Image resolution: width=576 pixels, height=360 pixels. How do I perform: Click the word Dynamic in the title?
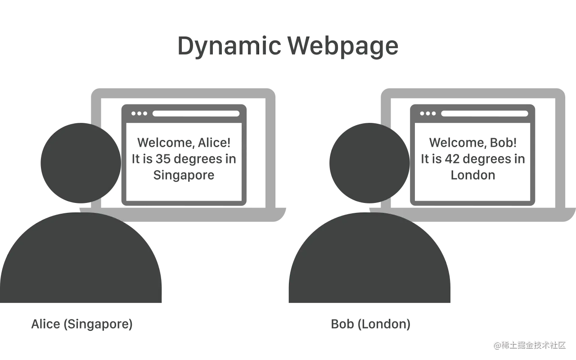(227, 47)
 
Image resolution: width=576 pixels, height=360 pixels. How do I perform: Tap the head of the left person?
(80, 163)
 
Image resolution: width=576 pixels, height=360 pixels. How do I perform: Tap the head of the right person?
(368, 163)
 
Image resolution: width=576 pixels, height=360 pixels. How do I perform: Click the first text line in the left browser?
(183, 143)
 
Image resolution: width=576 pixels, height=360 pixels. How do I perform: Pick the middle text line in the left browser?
(183, 159)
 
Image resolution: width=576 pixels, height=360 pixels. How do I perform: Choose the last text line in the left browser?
(183, 175)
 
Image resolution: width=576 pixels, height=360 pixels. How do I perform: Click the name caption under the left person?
(81, 324)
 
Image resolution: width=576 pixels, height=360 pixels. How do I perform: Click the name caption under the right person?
(370, 324)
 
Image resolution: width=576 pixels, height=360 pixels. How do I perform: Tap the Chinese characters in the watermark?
(533, 345)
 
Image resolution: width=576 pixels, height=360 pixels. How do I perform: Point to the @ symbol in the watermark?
(497, 345)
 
